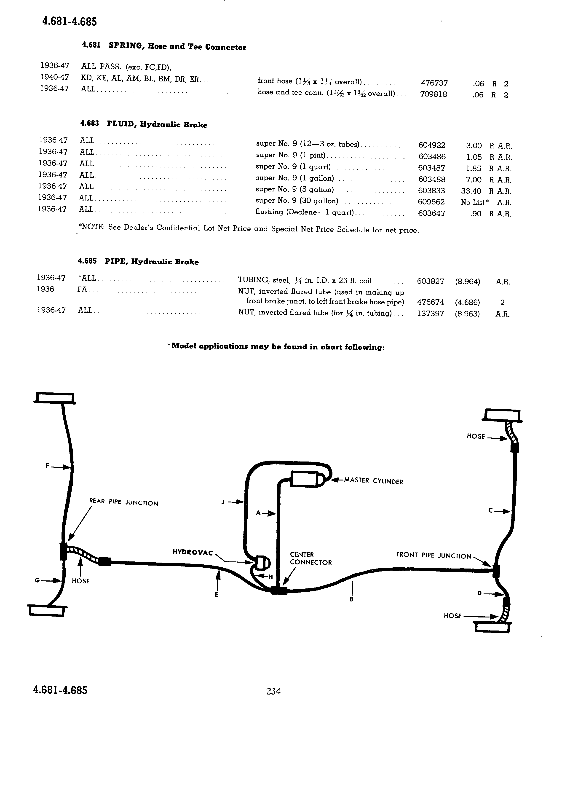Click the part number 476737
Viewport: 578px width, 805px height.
[x=434, y=83]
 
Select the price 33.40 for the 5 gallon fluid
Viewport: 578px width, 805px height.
[x=471, y=191]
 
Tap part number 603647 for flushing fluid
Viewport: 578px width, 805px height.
[x=431, y=213]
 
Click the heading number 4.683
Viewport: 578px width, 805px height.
[x=89, y=123]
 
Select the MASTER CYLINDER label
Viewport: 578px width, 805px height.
[x=374, y=481]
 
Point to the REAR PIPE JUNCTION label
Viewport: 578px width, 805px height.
[x=123, y=502]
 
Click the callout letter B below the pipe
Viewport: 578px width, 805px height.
[x=351, y=599]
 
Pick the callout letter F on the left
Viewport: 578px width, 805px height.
[x=47, y=466]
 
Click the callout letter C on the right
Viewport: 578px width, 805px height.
[x=491, y=511]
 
